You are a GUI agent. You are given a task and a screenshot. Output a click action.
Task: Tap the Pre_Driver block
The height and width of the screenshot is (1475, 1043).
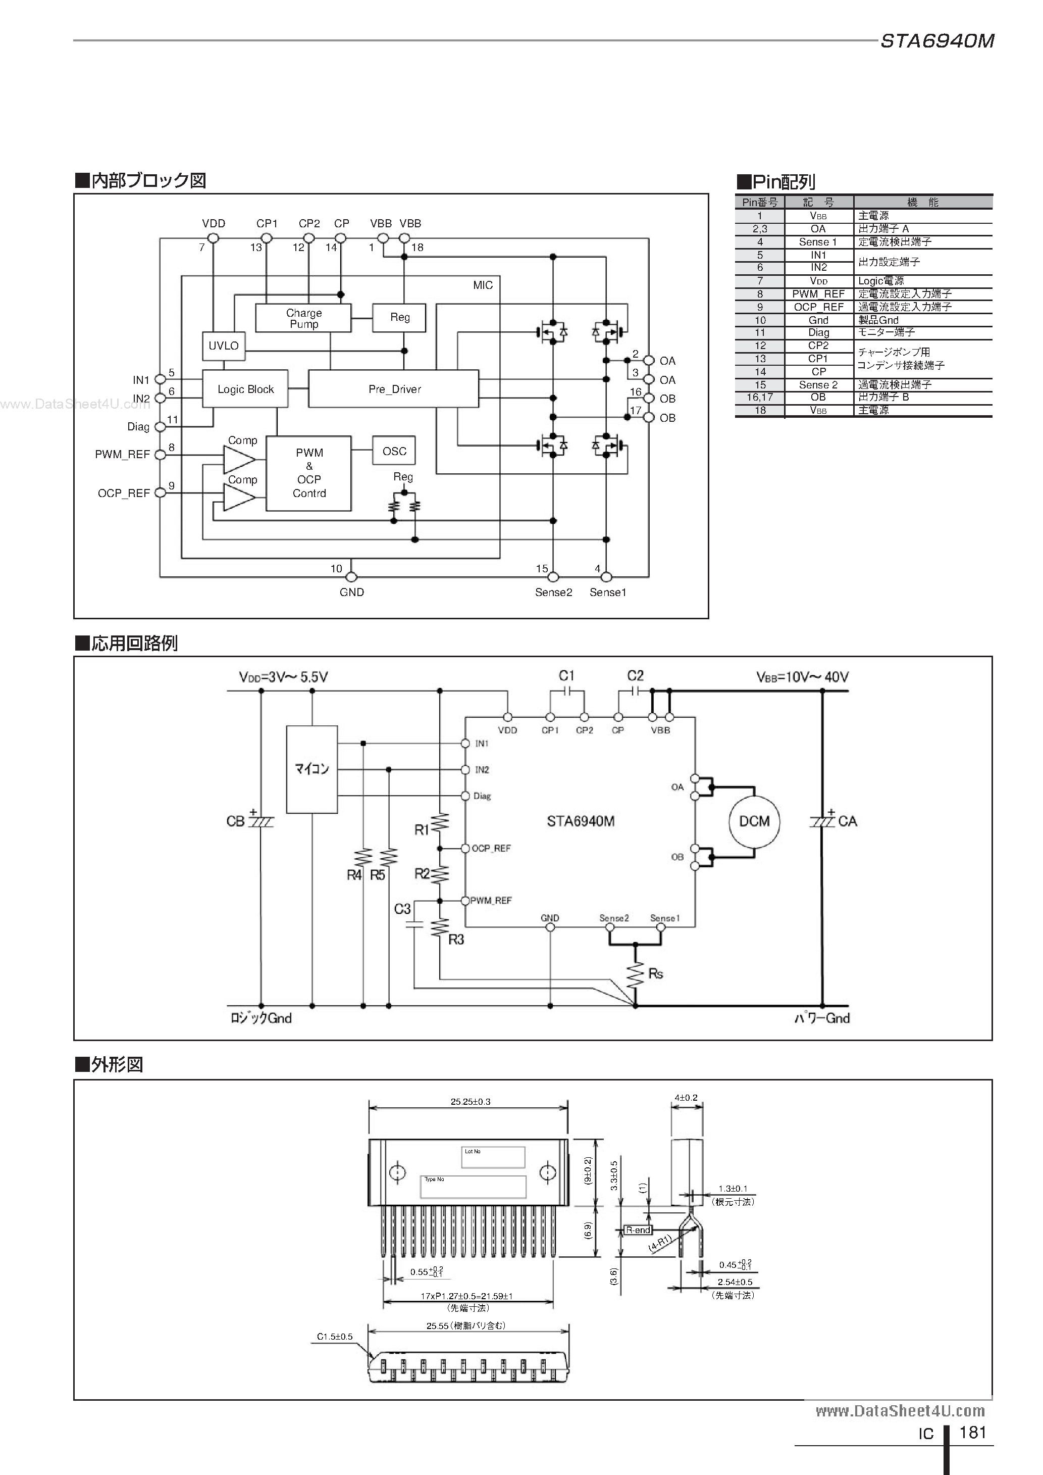(x=394, y=388)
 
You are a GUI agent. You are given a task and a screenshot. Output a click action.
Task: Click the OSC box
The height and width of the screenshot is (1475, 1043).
(x=394, y=451)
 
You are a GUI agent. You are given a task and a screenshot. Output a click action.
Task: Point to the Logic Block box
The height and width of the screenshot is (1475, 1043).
(x=245, y=388)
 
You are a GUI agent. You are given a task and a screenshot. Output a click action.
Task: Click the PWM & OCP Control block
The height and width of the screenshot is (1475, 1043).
(x=308, y=473)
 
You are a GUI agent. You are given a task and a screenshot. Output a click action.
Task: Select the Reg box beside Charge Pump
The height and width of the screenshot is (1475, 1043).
(x=399, y=317)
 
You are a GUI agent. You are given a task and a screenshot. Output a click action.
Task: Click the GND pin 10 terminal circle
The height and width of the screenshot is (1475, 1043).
(x=351, y=577)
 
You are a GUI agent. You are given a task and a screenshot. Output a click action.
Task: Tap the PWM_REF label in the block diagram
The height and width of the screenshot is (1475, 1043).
(x=122, y=454)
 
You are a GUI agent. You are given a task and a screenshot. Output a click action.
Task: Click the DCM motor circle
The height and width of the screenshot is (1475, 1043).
(x=754, y=821)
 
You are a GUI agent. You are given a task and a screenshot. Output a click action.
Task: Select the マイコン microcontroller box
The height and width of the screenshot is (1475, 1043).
(x=312, y=769)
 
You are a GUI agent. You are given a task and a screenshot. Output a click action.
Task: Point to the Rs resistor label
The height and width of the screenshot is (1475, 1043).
(x=656, y=974)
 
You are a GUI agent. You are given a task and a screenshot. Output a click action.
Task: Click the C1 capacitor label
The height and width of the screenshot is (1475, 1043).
(x=566, y=676)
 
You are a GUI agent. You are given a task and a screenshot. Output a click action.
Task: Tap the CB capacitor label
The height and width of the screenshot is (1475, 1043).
(x=235, y=821)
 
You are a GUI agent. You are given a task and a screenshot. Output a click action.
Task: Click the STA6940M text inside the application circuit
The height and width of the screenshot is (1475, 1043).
(x=581, y=821)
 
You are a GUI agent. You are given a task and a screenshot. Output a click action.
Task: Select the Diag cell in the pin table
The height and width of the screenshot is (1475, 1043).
(x=818, y=333)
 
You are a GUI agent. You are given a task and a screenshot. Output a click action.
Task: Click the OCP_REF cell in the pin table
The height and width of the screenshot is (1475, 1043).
(x=818, y=307)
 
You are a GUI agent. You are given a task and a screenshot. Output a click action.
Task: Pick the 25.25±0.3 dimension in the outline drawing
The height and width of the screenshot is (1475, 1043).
(x=470, y=1101)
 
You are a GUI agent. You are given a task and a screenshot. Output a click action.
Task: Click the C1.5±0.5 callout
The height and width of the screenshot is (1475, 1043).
(x=335, y=1336)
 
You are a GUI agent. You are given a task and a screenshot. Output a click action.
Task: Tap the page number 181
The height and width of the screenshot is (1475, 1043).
(x=972, y=1432)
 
